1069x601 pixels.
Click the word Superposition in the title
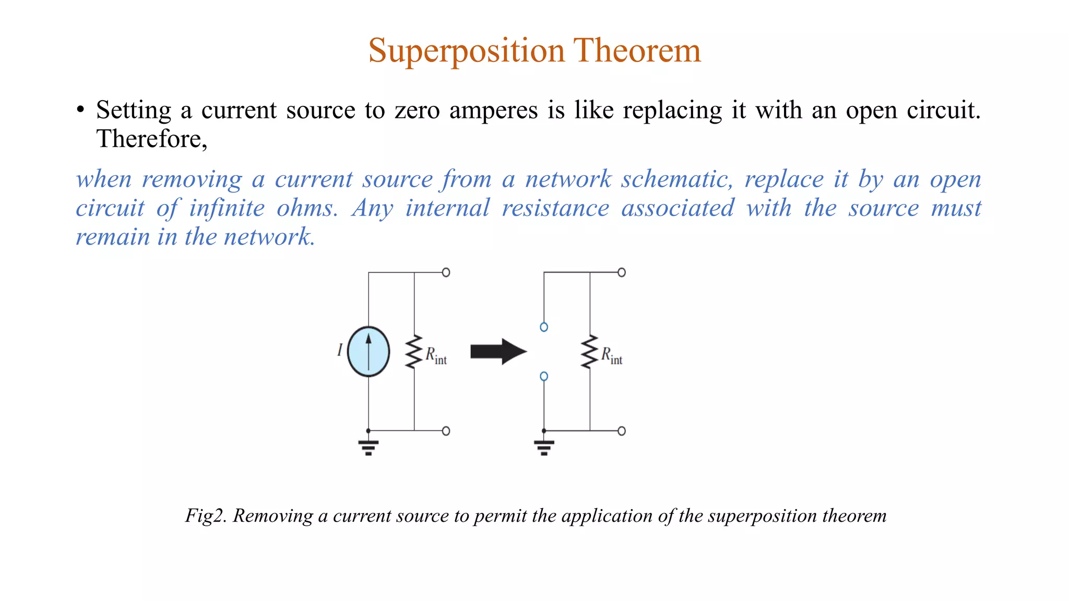point(467,51)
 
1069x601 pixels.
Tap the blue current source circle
point(369,352)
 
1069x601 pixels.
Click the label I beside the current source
point(340,350)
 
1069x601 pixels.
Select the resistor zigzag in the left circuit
point(414,352)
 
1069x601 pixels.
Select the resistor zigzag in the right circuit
point(590,352)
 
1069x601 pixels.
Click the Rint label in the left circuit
point(436,356)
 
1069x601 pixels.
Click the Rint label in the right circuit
point(612,356)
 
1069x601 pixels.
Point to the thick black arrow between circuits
point(497,352)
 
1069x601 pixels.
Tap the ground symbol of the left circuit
point(369,447)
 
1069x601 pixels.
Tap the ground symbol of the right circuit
point(544,447)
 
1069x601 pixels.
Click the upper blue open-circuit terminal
point(544,327)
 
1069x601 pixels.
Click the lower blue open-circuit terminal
point(544,376)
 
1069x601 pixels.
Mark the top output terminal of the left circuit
point(446,272)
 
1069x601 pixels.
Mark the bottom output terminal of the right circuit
point(621,431)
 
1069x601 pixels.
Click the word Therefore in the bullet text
point(151,139)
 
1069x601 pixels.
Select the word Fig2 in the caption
point(205,515)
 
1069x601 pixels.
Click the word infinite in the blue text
point(227,208)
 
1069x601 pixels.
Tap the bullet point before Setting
point(80,110)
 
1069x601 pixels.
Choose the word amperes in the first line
point(493,111)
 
